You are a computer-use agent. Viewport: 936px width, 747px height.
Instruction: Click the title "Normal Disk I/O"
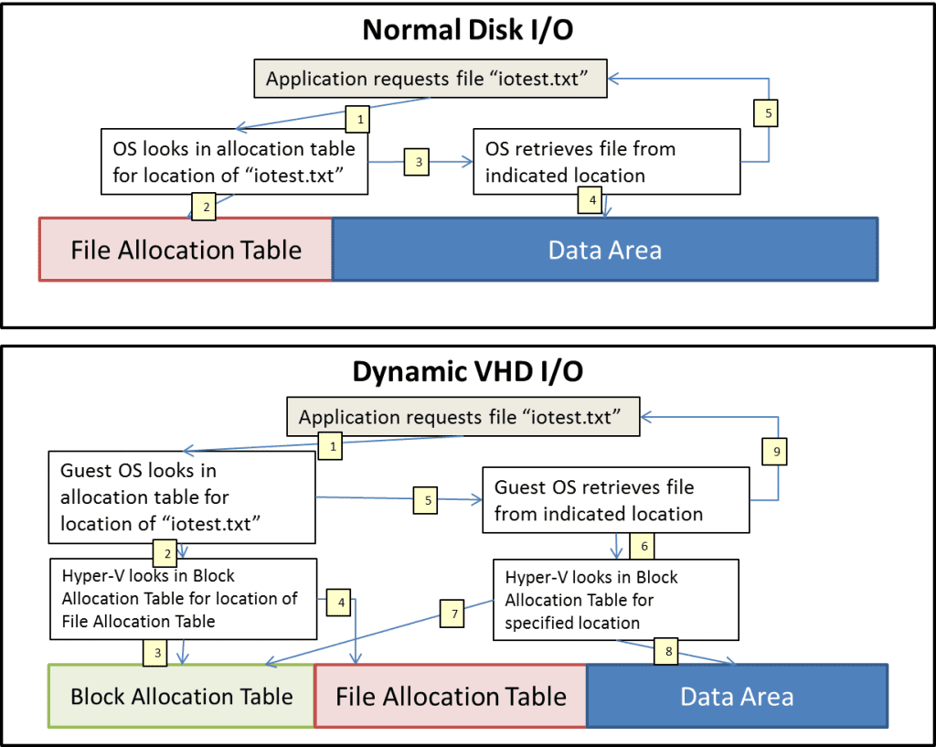[468, 29]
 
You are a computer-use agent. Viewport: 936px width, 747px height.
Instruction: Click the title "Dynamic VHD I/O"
[468, 373]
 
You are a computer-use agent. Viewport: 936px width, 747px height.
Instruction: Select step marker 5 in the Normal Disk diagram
[768, 112]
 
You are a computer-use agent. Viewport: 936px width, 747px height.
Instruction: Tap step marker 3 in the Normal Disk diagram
[419, 162]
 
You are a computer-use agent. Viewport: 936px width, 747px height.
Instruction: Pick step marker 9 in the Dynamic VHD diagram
[775, 451]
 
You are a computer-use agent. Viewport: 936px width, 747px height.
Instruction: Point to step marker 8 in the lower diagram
[666, 652]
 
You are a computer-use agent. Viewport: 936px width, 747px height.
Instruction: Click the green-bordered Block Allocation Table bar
[181, 697]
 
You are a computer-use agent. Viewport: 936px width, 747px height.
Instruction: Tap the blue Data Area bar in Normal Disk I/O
[604, 250]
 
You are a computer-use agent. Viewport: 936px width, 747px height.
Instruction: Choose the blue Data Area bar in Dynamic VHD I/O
[737, 697]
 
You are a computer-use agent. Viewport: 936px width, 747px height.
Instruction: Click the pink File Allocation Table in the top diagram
[186, 250]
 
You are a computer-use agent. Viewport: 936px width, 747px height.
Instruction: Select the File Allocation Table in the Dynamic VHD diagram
[450, 697]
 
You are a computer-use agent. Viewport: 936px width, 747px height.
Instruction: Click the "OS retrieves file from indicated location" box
[606, 162]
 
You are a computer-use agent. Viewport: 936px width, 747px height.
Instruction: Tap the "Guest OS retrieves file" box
[615, 500]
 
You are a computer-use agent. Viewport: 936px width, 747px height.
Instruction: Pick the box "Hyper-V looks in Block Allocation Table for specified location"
[615, 600]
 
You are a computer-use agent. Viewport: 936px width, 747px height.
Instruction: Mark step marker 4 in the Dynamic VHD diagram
[340, 603]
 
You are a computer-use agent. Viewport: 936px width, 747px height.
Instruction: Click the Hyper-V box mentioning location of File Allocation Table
[183, 599]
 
